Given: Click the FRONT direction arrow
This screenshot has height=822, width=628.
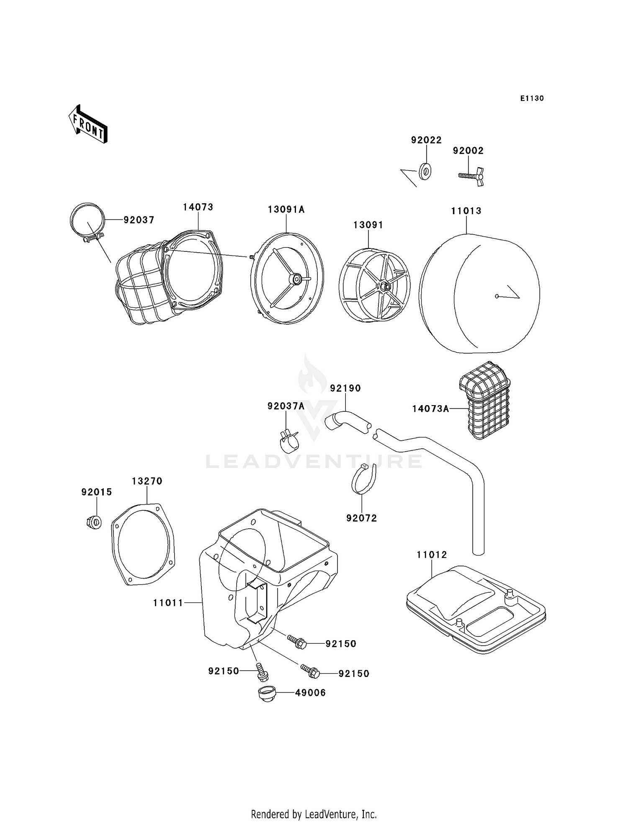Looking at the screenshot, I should click(x=88, y=124).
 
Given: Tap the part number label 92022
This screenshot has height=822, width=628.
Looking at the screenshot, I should click(x=426, y=140).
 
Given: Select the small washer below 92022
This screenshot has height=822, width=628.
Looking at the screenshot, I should click(x=425, y=171).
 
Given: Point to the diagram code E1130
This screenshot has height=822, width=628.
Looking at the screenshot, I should click(x=532, y=98).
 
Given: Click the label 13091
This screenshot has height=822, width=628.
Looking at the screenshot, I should click(x=368, y=225).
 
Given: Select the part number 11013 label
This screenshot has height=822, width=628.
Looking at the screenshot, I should click(x=466, y=211).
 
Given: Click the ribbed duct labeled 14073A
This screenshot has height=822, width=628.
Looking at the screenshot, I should click(x=484, y=400).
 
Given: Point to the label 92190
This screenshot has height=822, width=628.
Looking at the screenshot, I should click(x=345, y=388).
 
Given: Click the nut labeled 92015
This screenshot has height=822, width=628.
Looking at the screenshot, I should click(x=95, y=522).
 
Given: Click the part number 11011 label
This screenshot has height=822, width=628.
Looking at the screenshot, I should click(x=168, y=603).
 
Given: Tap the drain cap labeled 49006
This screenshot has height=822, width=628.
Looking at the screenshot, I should click(x=265, y=693).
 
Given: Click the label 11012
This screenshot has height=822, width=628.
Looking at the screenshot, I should click(x=432, y=555).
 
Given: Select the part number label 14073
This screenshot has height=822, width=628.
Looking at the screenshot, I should click(x=198, y=207).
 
